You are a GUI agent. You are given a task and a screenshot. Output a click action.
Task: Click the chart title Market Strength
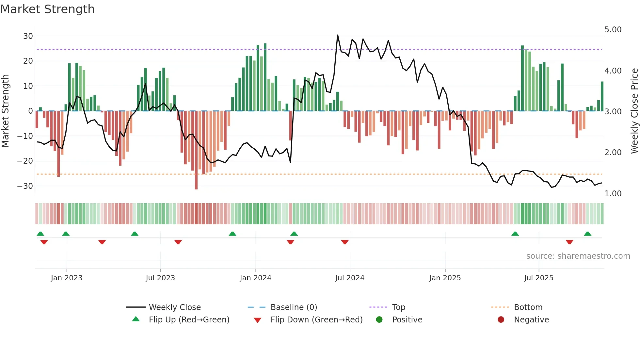coord(47,9)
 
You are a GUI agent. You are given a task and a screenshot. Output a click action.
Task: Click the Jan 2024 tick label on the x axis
coord(255,278)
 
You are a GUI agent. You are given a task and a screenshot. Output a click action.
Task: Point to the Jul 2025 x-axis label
coord(538,278)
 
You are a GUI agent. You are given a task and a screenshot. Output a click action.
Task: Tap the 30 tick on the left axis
coord(28,36)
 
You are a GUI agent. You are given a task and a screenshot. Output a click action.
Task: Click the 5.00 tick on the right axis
coord(613,30)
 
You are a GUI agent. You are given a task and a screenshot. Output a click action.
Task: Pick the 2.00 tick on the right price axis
coord(613,153)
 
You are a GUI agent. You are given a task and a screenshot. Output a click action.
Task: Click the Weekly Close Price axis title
coord(634,111)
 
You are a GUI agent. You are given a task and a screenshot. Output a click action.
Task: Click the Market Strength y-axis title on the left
coord(6,111)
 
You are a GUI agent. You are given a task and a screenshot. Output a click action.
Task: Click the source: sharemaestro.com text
coord(578,256)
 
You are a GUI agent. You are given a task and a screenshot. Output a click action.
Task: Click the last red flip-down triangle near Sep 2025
coord(569,242)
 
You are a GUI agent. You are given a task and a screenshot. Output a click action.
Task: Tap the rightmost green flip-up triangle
coord(587,234)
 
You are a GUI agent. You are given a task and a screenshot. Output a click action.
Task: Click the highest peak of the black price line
coord(338,35)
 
